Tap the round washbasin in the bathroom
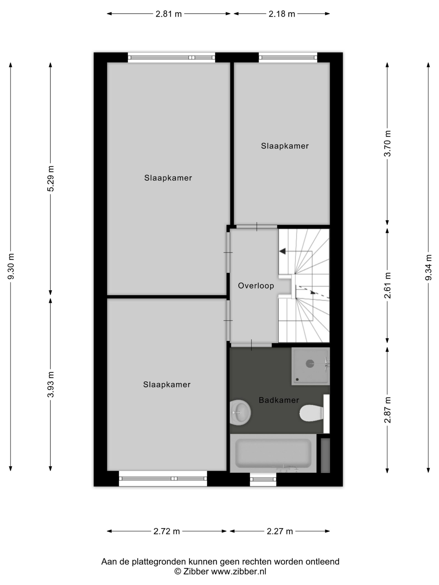tap(240, 412)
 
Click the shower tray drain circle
tap(310, 364)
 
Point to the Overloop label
tap(256, 286)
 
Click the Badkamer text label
tap(279, 400)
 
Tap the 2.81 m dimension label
tap(169, 14)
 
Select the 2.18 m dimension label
tap(282, 14)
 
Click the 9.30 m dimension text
tap(11, 266)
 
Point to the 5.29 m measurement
tap(51, 178)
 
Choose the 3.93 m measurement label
tap(51, 384)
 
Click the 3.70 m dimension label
tap(387, 144)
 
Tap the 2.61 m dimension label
tap(387, 285)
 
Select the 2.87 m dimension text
tap(387, 410)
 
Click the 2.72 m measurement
tap(167, 531)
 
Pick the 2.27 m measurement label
tap(280, 531)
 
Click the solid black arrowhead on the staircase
tap(282, 251)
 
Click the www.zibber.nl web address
tap(238, 572)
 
